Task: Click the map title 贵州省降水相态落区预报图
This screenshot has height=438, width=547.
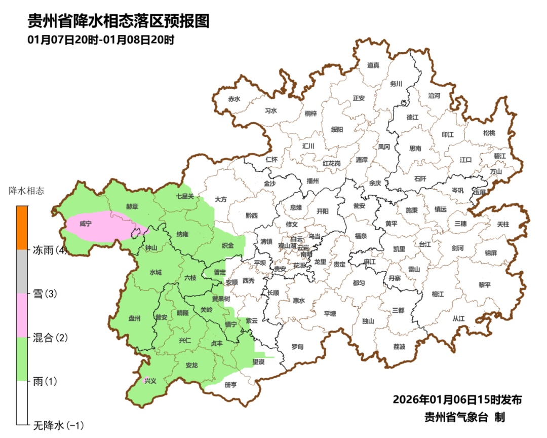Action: coord(118,21)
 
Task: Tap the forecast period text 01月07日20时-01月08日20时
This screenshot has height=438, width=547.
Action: coord(101,40)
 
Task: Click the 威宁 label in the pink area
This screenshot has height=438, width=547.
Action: coord(86,223)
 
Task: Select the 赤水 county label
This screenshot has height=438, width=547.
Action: coord(234,99)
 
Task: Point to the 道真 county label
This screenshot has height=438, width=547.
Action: coord(373,65)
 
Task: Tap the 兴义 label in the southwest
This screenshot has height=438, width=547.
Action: coord(150,381)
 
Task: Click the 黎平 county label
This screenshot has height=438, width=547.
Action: coord(485,285)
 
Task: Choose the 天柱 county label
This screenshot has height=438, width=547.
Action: coord(503,224)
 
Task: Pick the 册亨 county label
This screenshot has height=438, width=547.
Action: coord(230,385)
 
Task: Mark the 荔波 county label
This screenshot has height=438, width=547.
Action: coord(399,347)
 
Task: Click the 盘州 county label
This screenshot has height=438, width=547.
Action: coord(135,318)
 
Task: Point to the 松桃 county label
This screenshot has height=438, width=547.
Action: coord(489,133)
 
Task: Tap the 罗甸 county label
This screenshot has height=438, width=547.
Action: coord(297,347)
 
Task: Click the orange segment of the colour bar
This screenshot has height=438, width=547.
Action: coord(22,228)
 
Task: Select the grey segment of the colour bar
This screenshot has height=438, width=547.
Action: coord(22,271)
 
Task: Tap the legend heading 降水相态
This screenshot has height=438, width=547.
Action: coord(26,191)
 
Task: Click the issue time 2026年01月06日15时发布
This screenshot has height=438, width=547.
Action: coord(457,399)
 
